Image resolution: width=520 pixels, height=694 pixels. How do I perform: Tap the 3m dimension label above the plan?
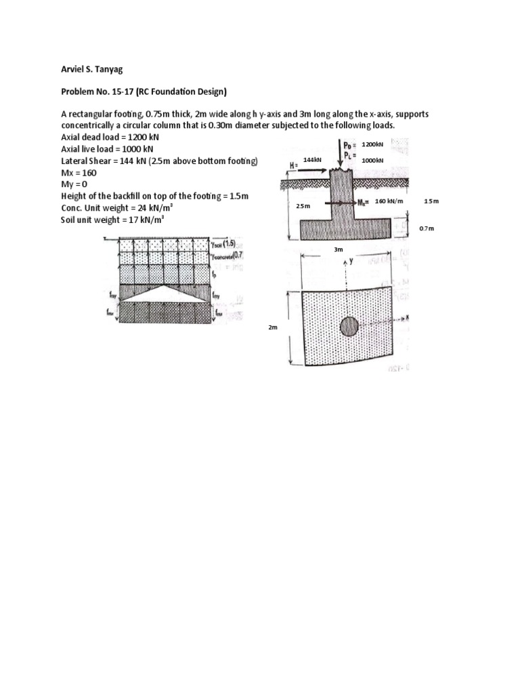tap(339, 250)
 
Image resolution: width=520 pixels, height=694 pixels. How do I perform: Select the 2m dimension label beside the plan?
tap(273, 327)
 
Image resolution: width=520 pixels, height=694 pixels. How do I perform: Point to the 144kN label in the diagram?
tap(311, 159)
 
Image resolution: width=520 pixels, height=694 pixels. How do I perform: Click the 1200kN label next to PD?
tap(372, 144)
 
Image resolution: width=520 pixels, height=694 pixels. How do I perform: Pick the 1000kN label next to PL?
tap(372, 160)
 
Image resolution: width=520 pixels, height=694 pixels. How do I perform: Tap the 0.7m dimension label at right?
tap(427, 229)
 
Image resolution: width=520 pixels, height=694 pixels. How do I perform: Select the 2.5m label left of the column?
tap(303, 205)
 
